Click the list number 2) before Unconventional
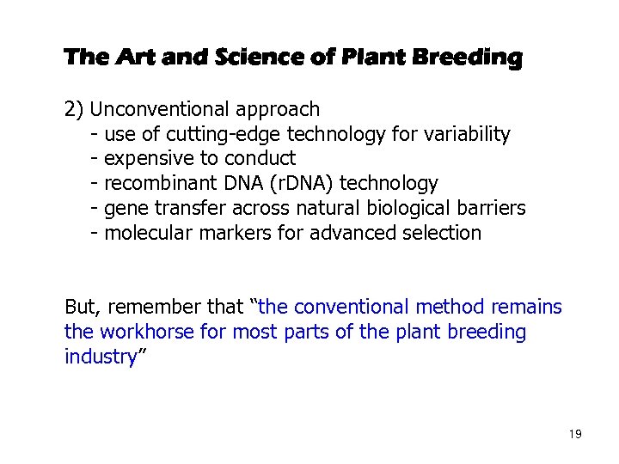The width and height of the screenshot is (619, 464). pyautogui.click(x=75, y=110)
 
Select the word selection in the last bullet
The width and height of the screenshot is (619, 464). pyautogui.click(x=441, y=233)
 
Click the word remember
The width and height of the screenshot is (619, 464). pyautogui.click(x=168, y=308)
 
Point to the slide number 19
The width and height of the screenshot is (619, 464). pyautogui.click(x=574, y=435)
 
